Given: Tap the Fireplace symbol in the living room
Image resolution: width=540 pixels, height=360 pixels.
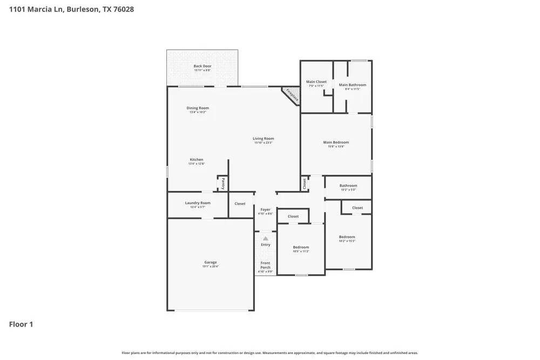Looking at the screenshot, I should (x=292, y=96).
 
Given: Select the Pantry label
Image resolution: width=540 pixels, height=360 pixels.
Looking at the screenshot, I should (x=223, y=184).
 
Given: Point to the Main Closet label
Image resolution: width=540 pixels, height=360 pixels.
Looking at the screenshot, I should (x=316, y=82).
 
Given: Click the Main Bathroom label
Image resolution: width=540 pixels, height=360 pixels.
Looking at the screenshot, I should (x=352, y=85).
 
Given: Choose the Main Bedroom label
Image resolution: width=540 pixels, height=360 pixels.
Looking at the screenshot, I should (x=336, y=143).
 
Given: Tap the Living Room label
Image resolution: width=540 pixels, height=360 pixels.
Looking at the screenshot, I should (x=264, y=139).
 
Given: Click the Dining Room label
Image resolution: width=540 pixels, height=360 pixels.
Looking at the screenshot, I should (x=198, y=108).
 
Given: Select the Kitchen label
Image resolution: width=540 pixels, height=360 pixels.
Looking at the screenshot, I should (x=197, y=160).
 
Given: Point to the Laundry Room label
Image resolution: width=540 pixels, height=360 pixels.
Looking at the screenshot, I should (x=198, y=203).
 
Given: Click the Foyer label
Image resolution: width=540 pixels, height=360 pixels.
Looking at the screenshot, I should (x=265, y=210).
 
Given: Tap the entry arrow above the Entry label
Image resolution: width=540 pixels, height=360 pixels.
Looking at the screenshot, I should (x=265, y=238).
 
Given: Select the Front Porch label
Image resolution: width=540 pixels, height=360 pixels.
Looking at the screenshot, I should (x=265, y=265).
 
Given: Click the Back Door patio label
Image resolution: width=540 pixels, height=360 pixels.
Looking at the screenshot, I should (x=202, y=66).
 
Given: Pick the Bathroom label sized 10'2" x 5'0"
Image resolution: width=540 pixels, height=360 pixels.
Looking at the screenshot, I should (x=348, y=186).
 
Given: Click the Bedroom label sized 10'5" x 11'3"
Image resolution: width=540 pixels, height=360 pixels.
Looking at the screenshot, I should (x=301, y=247).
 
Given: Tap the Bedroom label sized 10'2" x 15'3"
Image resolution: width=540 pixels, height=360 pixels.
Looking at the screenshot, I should (x=347, y=237).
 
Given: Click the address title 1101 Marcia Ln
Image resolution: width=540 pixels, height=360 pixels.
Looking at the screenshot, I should (x=71, y=9).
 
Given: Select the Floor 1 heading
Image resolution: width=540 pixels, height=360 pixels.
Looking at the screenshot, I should (x=21, y=324).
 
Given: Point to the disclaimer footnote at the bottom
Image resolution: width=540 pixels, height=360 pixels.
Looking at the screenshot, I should (x=270, y=353).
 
